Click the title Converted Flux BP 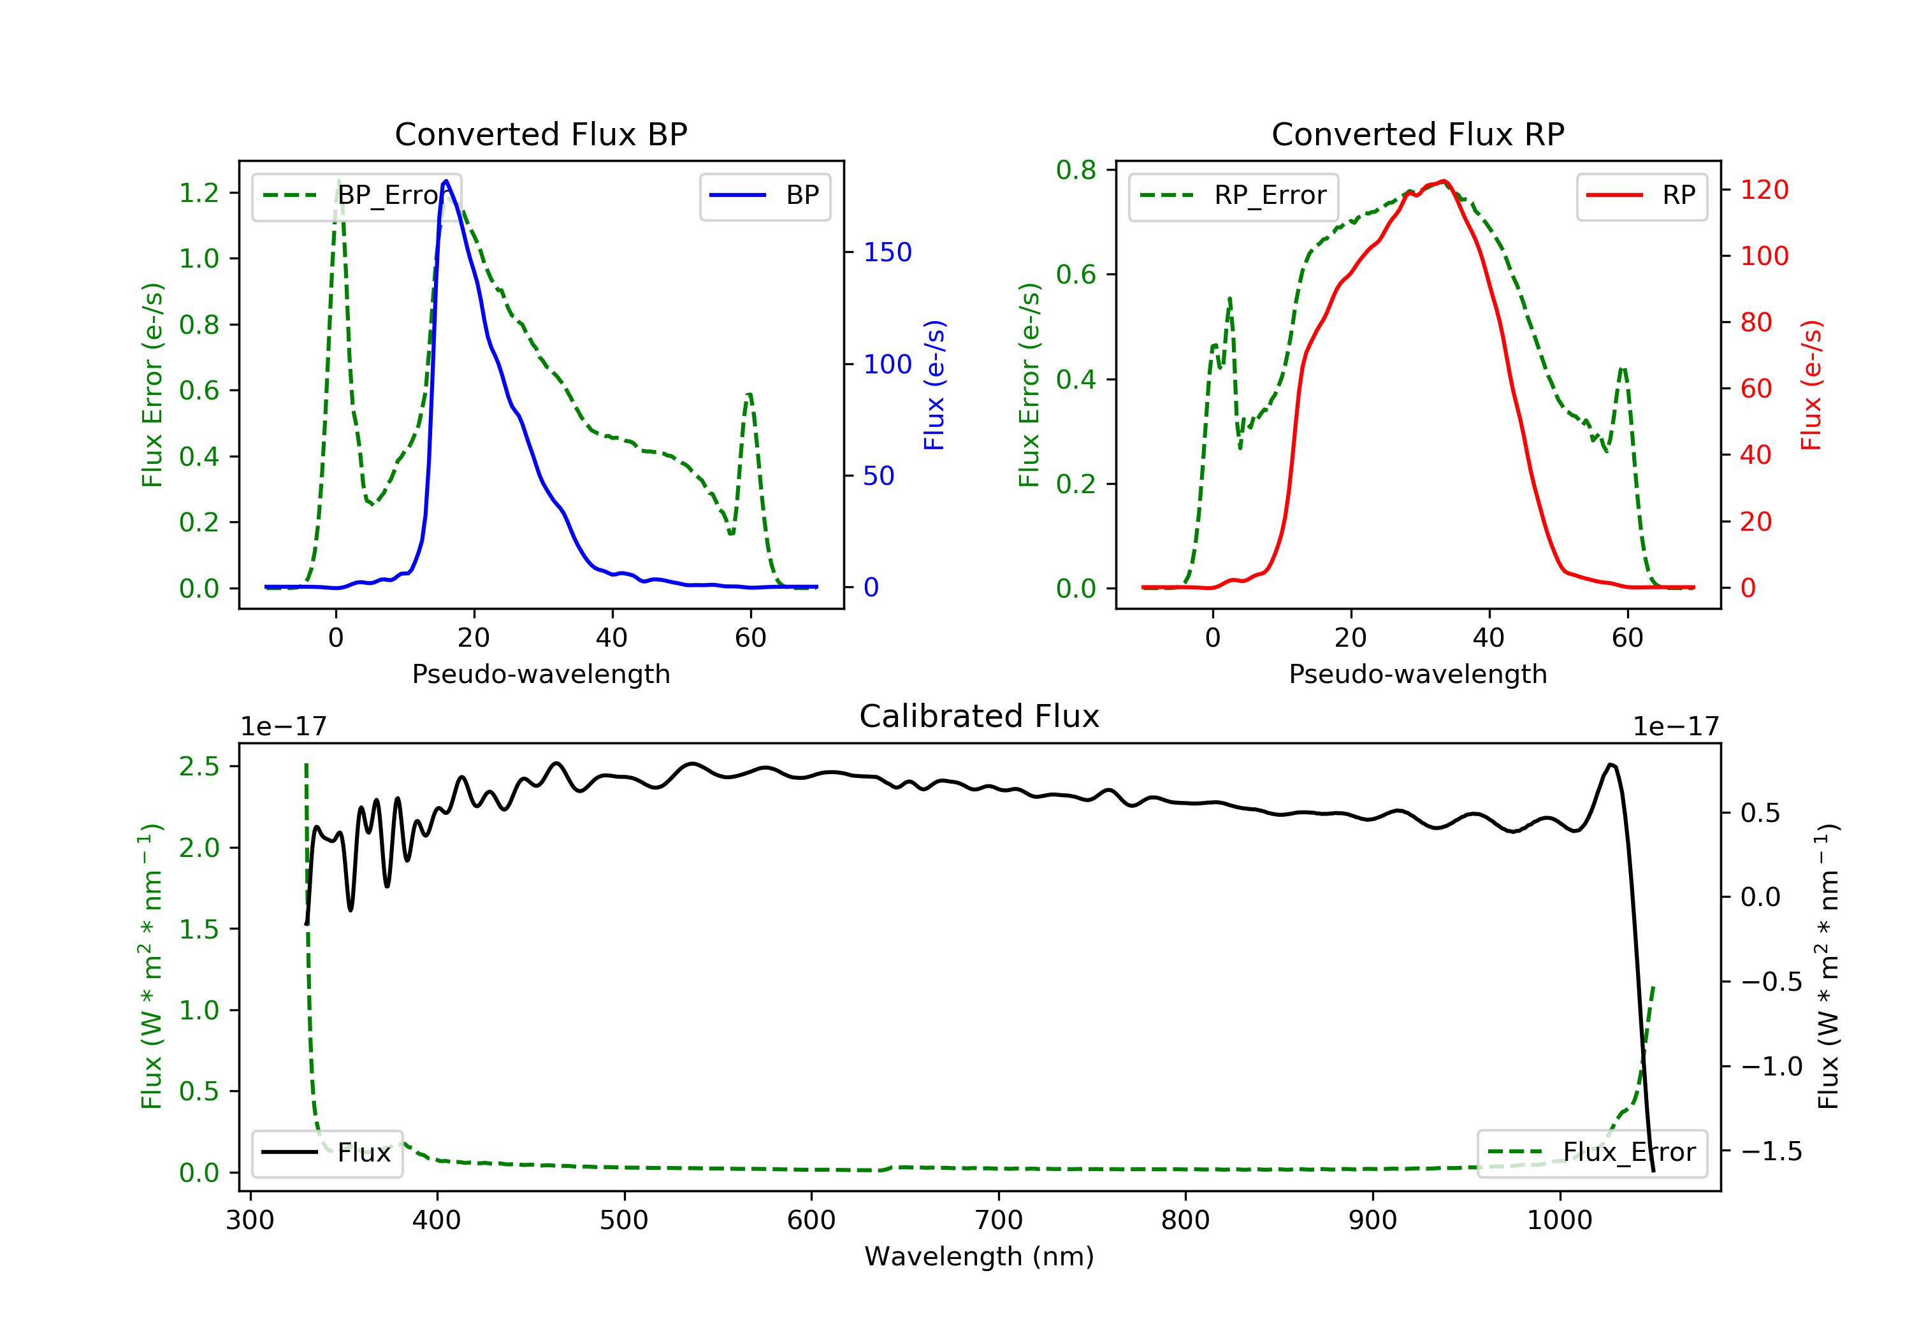541,134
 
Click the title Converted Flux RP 1418,134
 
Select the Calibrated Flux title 980,716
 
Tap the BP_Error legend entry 356,196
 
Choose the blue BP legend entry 764,196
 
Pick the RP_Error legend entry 1233,196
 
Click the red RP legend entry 1641,196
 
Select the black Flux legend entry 326,1153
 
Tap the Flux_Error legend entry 1592,1153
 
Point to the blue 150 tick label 888,252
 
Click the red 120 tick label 1765,190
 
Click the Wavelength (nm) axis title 980,1256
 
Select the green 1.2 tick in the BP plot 199,193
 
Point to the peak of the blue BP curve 446,181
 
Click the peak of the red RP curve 1444,181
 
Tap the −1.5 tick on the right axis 1771,1151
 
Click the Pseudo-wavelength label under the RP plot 1418,673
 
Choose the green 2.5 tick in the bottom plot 199,766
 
